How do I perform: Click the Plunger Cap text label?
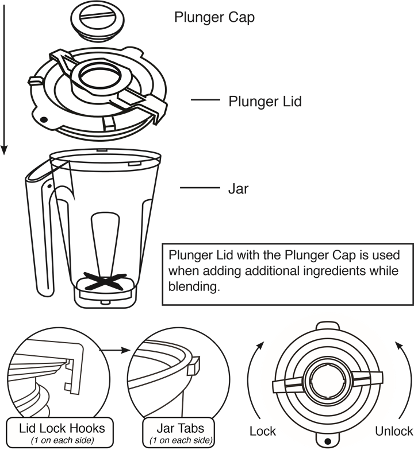click(x=214, y=18)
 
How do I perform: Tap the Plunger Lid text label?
click(x=265, y=102)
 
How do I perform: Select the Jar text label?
click(x=238, y=188)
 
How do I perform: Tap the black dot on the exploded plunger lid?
click(x=44, y=119)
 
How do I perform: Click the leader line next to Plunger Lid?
click(x=205, y=100)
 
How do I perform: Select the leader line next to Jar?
click(x=200, y=188)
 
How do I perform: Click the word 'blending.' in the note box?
click(x=194, y=286)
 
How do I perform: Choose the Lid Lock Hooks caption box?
click(x=60, y=432)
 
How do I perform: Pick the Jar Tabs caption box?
click(x=178, y=432)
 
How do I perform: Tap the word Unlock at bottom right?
click(x=394, y=431)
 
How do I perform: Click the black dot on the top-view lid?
click(x=327, y=441)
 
